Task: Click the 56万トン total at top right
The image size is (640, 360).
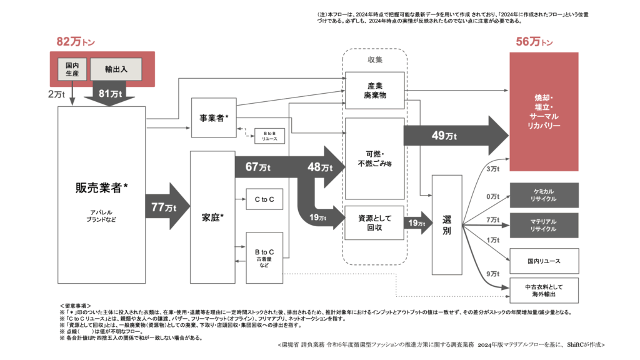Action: pyautogui.click(x=534, y=42)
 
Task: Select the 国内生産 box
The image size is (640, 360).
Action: pyautogui.click(x=72, y=69)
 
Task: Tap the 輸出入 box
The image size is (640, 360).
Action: pyautogui.click(x=116, y=69)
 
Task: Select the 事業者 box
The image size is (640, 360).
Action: pyautogui.click(x=214, y=117)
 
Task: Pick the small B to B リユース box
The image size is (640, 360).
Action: pyautogui.click(x=269, y=135)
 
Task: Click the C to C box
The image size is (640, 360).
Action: pyautogui.click(x=269, y=199)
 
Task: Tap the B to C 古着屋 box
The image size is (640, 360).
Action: pyautogui.click(x=269, y=252)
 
